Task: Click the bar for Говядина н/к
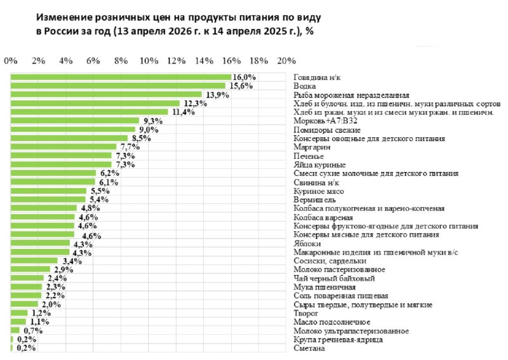[x=121, y=77]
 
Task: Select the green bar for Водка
[x=118, y=86]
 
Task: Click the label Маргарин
[x=312, y=147]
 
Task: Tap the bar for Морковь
[x=75, y=121]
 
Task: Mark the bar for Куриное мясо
[x=49, y=190]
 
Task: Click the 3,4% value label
[x=69, y=261]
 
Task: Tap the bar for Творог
[x=19, y=313]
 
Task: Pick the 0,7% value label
[x=33, y=331]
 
